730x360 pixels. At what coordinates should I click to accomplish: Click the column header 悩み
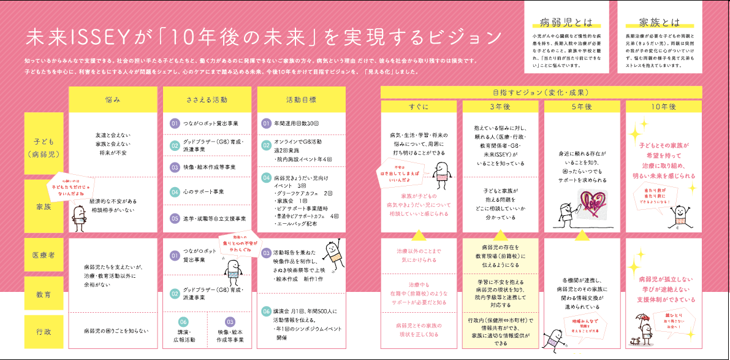click(113, 99)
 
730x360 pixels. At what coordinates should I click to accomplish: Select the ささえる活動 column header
click(207, 99)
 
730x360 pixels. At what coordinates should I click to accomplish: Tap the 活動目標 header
click(301, 99)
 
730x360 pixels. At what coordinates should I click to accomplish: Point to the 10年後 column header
click(664, 106)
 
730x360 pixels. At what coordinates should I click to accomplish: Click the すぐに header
click(419, 106)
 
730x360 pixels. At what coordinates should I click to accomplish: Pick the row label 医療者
click(44, 254)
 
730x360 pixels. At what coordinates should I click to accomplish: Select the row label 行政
click(44, 332)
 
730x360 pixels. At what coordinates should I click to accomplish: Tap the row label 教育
click(44, 294)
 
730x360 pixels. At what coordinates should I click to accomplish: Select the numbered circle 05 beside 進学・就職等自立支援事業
click(174, 218)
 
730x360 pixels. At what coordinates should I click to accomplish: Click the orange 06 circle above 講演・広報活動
click(183, 321)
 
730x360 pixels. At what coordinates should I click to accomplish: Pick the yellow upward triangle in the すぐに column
click(419, 234)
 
